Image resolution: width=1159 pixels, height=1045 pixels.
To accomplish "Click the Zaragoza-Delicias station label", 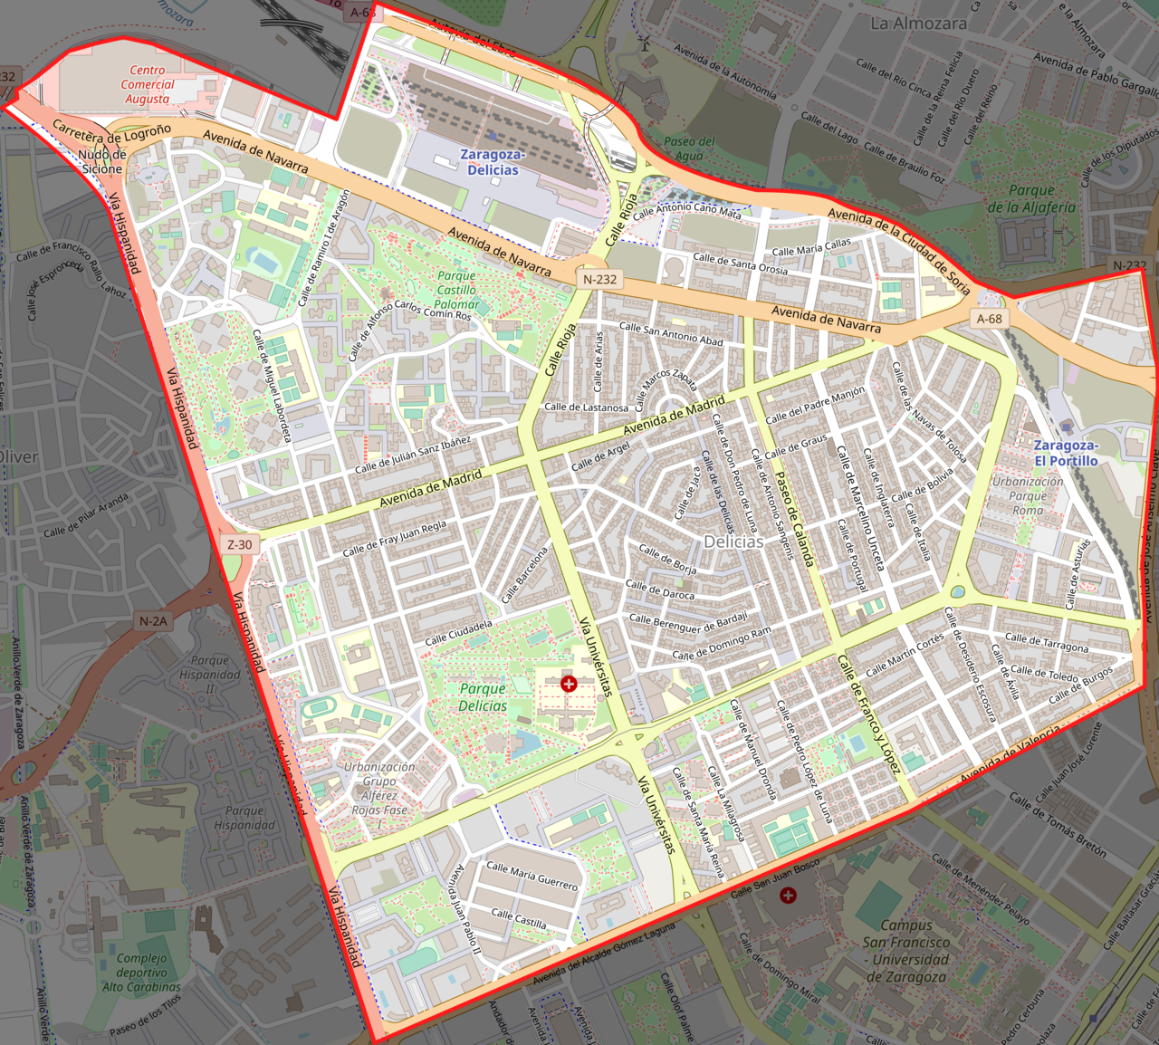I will [493, 162].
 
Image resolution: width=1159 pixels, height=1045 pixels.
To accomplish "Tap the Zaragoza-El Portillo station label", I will [1066, 453].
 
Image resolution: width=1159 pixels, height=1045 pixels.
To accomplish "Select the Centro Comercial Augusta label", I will [148, 84].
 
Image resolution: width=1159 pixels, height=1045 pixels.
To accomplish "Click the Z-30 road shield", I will [240, 544].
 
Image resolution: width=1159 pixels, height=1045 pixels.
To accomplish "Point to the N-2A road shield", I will [153, 621].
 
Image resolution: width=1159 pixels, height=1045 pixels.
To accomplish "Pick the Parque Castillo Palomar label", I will [456, 290].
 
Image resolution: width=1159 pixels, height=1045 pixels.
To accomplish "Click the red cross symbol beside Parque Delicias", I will [569, 684].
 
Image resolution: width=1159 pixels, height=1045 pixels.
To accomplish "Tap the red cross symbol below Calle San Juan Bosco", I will [788, 896].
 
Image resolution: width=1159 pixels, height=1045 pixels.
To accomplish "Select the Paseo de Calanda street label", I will [794, 518].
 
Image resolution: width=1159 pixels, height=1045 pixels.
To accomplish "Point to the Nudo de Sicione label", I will [102, 162].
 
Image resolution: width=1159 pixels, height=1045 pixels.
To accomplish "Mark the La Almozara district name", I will [918, 24].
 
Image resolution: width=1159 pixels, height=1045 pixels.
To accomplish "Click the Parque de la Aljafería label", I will [1031, 198].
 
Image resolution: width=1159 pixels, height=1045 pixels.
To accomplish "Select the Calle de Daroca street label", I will [661, 590].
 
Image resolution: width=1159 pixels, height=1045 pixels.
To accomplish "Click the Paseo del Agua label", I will [689, 149].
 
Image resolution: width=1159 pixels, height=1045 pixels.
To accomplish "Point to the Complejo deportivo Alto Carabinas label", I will [141, 973].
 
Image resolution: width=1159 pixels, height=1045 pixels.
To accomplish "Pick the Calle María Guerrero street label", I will [532, 875].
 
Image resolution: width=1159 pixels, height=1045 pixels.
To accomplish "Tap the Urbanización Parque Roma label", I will [1028, 495].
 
